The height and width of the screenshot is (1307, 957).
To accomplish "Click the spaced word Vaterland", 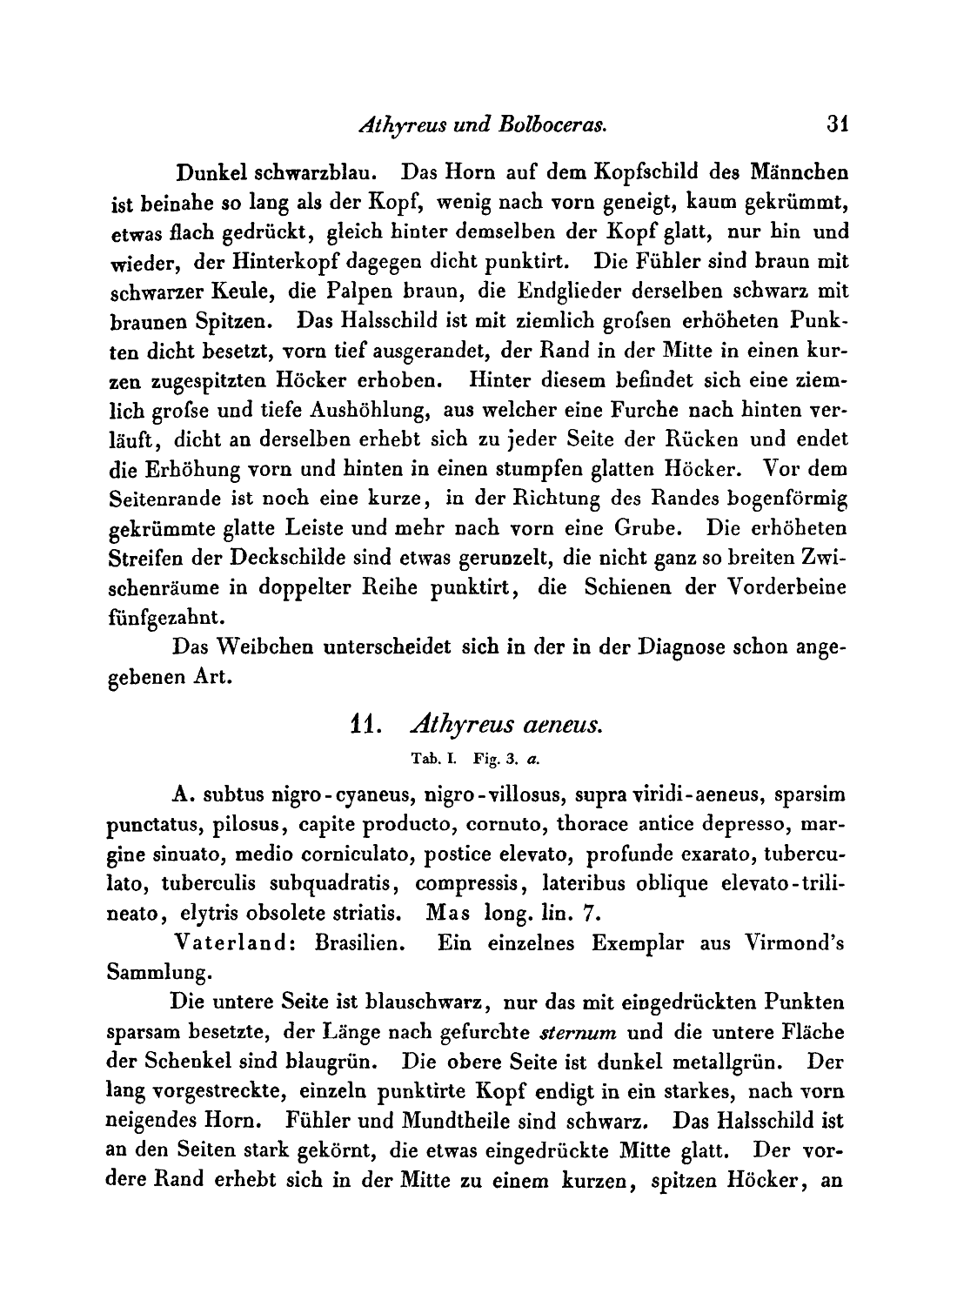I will point(231,945).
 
